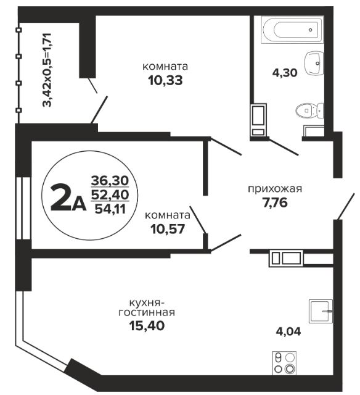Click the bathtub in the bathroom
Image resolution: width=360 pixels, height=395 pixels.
(x=292, y=30)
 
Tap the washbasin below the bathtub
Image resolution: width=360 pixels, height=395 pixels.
(x=314, y=63)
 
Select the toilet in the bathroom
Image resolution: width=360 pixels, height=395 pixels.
(x=309, y=110)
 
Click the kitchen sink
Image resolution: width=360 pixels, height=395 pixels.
(x=321, y=311)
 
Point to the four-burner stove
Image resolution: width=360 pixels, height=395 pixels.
(x=284, y=363)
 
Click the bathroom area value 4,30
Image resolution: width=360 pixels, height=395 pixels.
(x=285, y=73)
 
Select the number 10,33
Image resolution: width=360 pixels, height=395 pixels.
(x=165, y=81)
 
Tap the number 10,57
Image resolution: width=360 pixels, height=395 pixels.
(x=168, y=229)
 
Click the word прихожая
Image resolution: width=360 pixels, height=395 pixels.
(x=275, y=189)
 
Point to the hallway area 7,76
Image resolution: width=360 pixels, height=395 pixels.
(x=275, y=203)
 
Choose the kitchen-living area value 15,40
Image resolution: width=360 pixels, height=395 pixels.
(x=147, y=325)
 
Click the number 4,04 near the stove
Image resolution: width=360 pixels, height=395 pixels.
(x=288, y=331)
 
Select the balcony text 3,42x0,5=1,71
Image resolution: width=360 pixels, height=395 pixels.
(x=47, y=70)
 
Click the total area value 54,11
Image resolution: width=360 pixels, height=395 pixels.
(x=110, y=209)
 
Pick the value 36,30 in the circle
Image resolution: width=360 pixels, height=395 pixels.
(x=110, y=180)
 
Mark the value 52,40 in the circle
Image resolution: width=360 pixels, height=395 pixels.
(x=110, y=194)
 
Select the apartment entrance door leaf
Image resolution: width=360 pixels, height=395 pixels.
(x=346, y=207)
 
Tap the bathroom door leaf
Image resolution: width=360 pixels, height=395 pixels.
(x=284, y=147)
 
